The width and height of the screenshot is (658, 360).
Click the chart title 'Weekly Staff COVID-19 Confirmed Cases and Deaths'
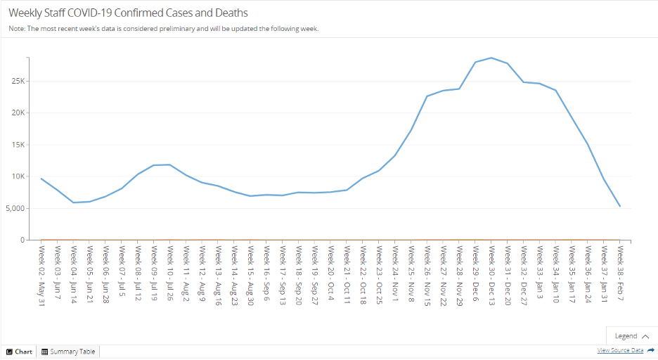tap(128, 13)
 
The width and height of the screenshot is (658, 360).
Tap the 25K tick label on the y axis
tap(17, 81)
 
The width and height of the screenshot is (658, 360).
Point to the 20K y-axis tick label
tap(17, 112)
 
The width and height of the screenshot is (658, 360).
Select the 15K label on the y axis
tap(17, 145)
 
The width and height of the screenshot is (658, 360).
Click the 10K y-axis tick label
tap(17, 176)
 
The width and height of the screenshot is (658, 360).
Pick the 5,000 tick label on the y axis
tap(13, 208)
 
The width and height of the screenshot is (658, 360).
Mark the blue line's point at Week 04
tap(74, 202)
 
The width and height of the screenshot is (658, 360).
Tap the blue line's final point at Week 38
tap(620, 207)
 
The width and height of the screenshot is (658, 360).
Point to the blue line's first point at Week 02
tap(41, 179)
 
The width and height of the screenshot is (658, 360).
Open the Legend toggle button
tap(631, 336)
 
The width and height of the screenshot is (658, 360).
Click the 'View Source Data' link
tap(620, 350)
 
